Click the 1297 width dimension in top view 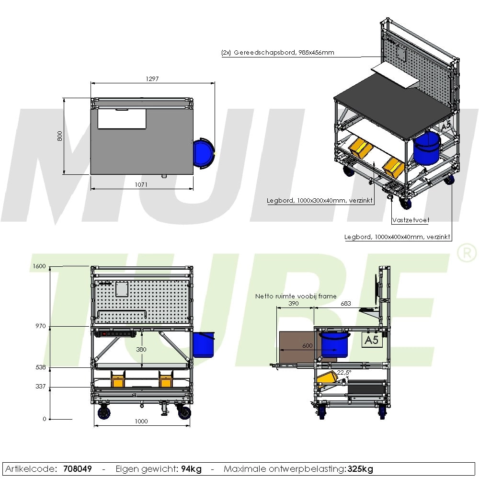[x=151, y=79]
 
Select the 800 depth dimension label [x=60, y=136]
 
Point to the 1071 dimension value [x=141, y=184]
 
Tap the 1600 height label [x=40, y=267]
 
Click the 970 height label [x=41, y=326]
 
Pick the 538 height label [x=41, y=367]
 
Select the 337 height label [x=41, y=386]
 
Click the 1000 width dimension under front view [x=141, y=422]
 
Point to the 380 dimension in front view [x=142, y=350]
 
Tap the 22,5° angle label [x=344, y=372]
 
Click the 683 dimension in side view [x=346, y=304]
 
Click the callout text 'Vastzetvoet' [x=411, y=220]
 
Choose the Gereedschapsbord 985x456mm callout [x=278, y=53]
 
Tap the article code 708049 [x=78, y=468]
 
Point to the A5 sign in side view [x=371, y=340]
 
